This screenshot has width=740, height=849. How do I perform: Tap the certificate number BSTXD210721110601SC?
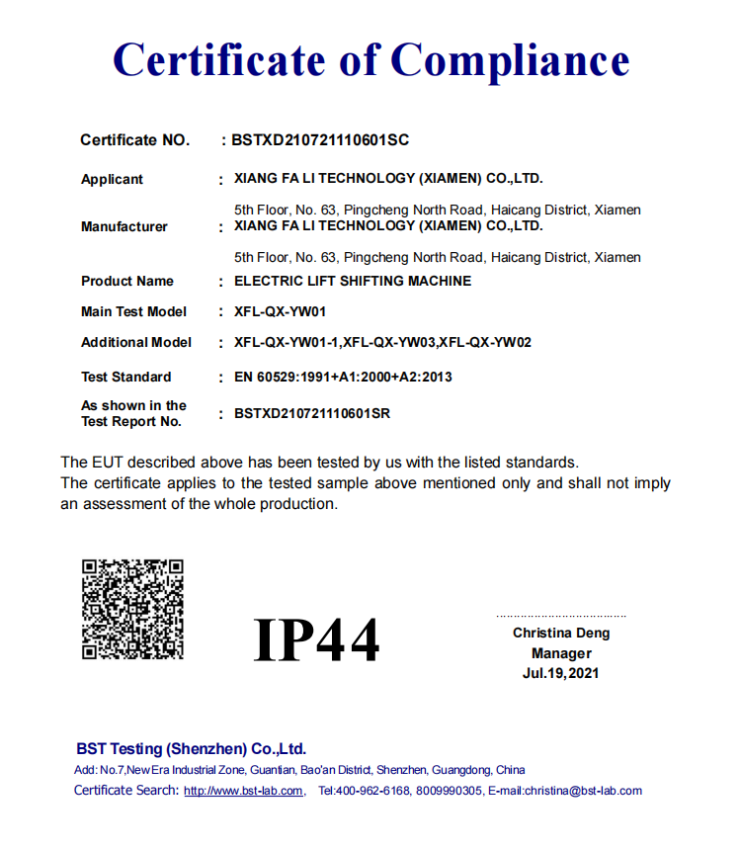point(320,140)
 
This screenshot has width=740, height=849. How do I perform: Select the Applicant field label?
point(112,179)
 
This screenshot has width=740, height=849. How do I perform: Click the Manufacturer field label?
point(124,226)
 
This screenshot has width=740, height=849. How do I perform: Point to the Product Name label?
point(127,281)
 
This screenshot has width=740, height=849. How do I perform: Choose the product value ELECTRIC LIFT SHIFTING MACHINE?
point(353,281)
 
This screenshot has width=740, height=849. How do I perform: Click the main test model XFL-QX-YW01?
point(281,311)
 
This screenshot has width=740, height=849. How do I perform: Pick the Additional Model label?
point(136,342)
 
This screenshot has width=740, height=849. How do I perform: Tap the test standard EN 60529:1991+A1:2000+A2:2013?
point(344,377)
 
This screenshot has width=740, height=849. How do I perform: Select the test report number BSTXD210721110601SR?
point(312,413)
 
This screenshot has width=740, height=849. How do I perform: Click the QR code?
point(132,609)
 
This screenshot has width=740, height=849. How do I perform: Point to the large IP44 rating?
point(316,640)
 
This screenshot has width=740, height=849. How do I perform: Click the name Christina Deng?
point(561,633)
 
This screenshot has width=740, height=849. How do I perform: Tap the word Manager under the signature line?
point(561,653)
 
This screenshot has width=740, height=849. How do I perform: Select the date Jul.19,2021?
point(561,673)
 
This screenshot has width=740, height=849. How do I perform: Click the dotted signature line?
point(561,616)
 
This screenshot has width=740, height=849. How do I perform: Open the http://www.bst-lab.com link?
point(244,791)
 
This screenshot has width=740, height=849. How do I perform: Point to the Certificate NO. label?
point(134,140)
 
